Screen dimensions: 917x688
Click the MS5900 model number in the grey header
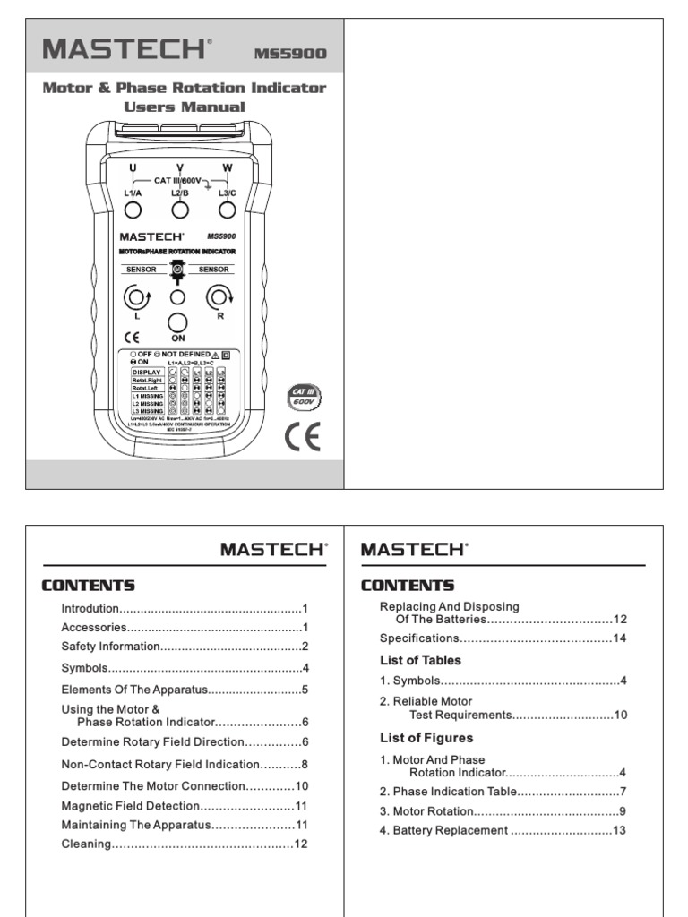(x=290, y=54)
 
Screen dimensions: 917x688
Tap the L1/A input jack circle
(x=133, y=210)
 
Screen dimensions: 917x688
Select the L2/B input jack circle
(x=180, y=210)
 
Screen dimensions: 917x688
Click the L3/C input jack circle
(x=228, y=210)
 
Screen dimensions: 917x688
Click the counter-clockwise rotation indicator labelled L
(x=135, y=296)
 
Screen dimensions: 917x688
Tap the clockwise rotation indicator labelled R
(x=219, y=296)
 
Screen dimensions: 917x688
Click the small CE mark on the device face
(x=131, y=338)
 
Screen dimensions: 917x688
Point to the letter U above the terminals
(x=133, y=167)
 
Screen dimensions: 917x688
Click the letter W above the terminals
(x=228, y=167)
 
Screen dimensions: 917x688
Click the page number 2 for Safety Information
(x=305, y=646)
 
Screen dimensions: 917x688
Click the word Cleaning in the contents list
(x=86, y=844)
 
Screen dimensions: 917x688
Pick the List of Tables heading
(x=421, y=660)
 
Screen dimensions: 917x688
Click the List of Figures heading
(x=426, y=738)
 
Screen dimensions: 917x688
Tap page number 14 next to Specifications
(x=619, y=638)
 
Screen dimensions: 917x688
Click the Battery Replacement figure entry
(x=444, y=830)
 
